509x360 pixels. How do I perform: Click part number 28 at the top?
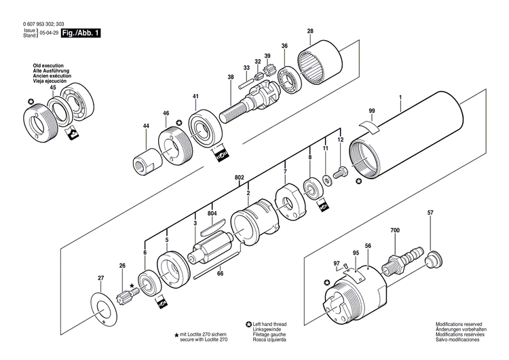(310, 31)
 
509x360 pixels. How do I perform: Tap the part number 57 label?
(430, 214)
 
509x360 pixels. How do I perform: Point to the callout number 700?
(395, 231)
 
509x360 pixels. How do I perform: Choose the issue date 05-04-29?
(48, 33)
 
